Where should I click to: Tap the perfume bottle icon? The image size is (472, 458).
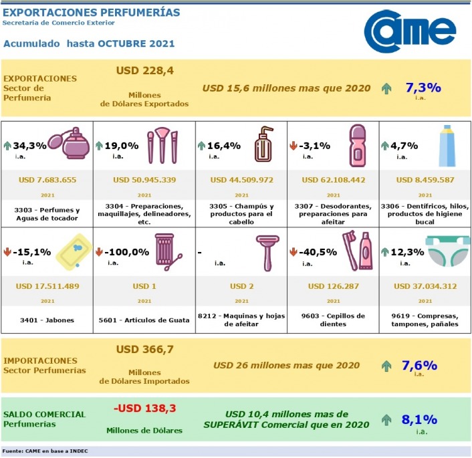[70, 144]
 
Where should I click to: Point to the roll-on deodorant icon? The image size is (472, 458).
[358, 144]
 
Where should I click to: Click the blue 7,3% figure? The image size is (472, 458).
[423, 88]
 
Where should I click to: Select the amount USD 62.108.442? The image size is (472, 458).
[332, 179]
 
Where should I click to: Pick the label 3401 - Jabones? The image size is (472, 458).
[47, 320]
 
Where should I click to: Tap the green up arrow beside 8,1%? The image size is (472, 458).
[386, 420]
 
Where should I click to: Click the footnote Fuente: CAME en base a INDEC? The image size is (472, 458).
[45, 451]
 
